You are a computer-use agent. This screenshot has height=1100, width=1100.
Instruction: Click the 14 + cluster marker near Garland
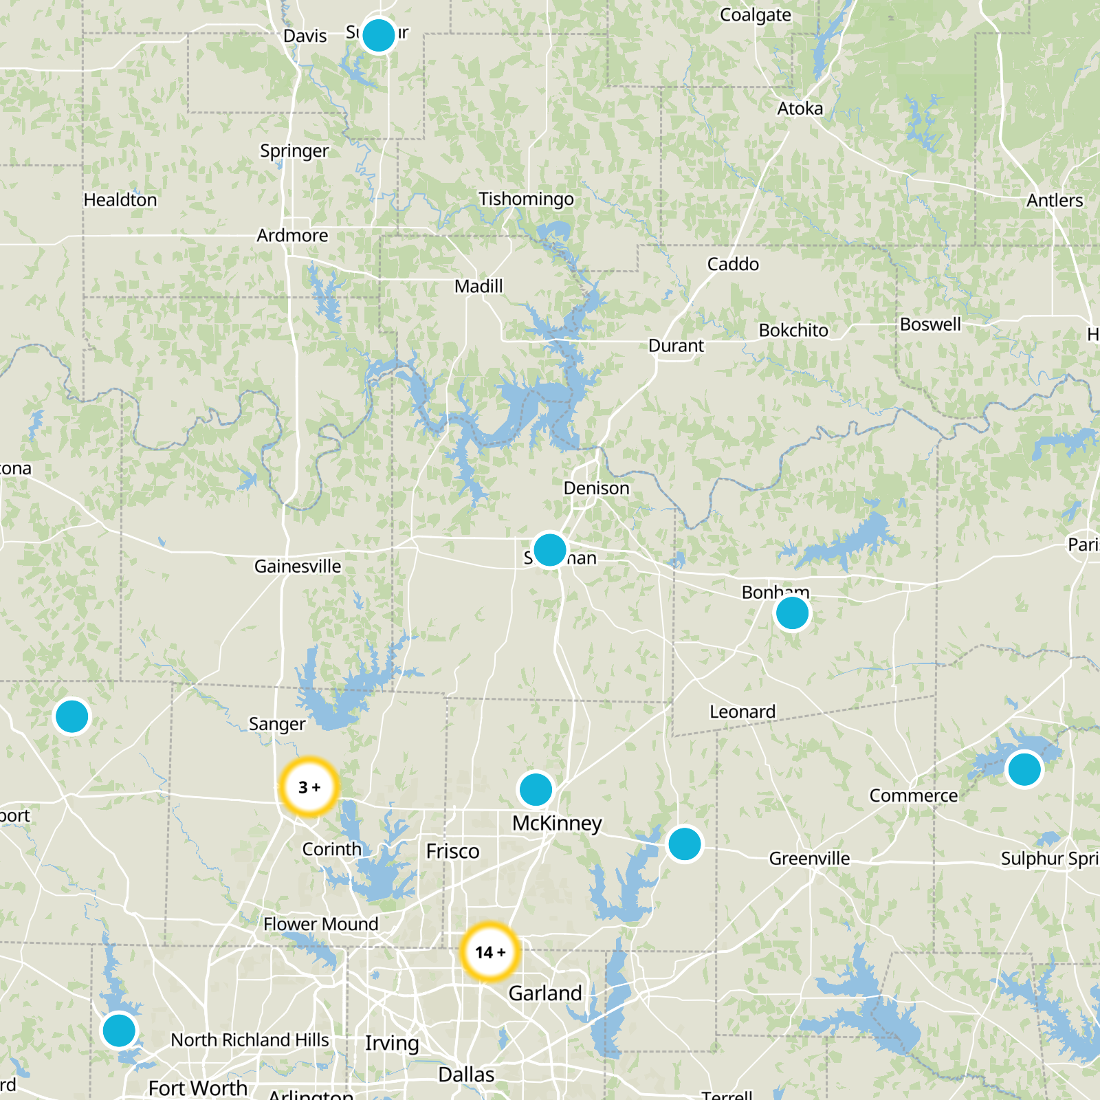pyautogui.click(x=489, y=952)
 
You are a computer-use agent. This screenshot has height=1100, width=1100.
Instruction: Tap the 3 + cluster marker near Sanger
pyautogui.click(x=309, y=787)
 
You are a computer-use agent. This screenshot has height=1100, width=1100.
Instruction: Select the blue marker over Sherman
pyautogui.click(x=549, y=550)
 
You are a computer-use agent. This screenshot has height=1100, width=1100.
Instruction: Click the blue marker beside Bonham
pyautogui.click(x=792, y=613)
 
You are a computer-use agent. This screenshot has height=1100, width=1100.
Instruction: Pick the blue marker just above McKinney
pyautogui.click(x=536, y=789)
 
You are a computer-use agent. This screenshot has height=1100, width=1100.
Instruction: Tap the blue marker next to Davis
pyautogui.click(x=378, y=35)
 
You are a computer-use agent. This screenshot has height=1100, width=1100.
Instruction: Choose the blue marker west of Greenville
pyautogui.click(x=684, y=844)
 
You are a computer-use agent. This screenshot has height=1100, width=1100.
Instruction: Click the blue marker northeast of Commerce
pyautogui.click(x=1024, y=769)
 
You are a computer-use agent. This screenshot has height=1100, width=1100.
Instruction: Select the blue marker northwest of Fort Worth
pyautogui.click(x=119, y=1031)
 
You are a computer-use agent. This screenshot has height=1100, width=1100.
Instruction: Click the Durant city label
pyautogui.click(x=676, y=346)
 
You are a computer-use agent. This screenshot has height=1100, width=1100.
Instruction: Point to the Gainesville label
pyautogui.click(x=298, y=566)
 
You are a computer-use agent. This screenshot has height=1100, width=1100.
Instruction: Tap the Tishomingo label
pyautogui.click(x=526, y=199)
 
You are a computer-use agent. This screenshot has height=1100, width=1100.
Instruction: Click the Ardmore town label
pyautogui.click(x=292, y=236)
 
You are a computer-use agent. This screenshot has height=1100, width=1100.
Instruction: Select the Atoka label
pyautogui.click(x=800, y=109)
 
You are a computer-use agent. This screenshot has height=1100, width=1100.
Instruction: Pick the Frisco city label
pyautogui.click(x=452, y=851)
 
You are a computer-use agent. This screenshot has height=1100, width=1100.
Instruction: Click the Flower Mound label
pyautogui.click(x=320, y=924)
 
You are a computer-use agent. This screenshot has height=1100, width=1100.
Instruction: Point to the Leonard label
pyautogui.click(x=742, y=712)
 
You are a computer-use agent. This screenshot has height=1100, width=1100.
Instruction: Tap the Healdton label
pyautogui.click(x=120, y=200)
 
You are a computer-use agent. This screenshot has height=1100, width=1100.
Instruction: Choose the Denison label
pyautogui.click(x=596, y=488)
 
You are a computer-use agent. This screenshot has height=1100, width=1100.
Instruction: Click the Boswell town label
pyautogui.click(x=930, y=324)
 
